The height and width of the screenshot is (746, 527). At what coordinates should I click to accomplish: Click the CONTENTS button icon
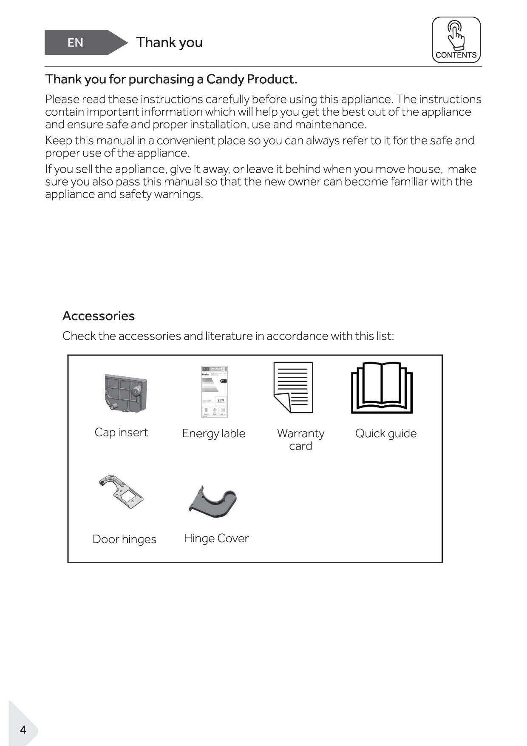[456, 40]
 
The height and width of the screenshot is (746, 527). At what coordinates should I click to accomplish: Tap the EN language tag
[75, 43]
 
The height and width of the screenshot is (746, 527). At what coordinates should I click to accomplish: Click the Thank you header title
[169, 43]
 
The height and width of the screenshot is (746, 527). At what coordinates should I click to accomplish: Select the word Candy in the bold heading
[225, 80]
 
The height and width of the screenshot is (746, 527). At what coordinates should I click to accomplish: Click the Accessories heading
[99, 316]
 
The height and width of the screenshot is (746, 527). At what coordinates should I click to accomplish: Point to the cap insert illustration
[125, 393]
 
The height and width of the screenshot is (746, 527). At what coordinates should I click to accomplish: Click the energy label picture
[214, 392]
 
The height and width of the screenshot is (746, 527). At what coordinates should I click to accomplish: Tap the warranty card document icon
[293, 387]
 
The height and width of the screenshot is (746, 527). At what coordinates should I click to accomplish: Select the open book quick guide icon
[382, 388]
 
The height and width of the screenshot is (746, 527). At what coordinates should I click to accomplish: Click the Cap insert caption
[121, 433]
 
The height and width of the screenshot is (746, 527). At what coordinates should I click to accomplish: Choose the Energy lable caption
[214, 433]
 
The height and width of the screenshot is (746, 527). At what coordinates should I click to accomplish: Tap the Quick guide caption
[386, 433]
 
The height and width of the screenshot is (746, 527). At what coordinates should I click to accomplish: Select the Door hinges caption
[125, 539]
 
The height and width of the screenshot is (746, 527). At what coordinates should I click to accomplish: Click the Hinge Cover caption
[216, 538]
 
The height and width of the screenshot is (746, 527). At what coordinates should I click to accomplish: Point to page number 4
[23, 729]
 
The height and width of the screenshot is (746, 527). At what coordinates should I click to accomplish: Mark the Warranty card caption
[300, 439]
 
